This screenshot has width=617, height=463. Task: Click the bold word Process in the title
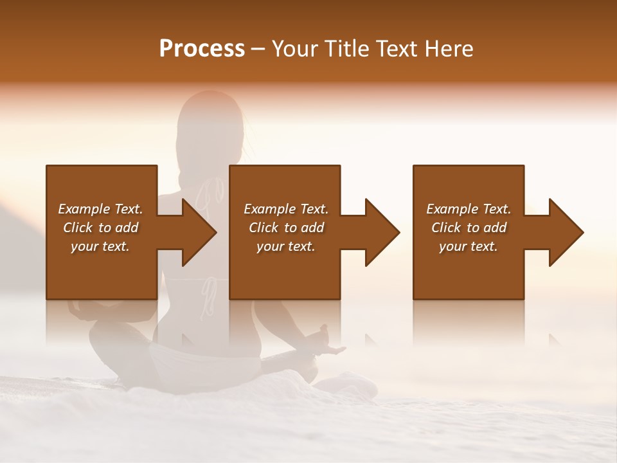(x=202, y=49)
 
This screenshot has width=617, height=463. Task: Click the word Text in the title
(x=398, y=49)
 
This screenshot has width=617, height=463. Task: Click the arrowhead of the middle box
(x=382, y=232)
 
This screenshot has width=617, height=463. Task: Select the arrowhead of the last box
(x=566, y=232)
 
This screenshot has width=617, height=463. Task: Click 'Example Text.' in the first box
(x=100, y=209)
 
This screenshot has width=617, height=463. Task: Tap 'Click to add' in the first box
(x=100, y=228)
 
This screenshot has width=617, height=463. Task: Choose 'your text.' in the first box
(x=100, y=246)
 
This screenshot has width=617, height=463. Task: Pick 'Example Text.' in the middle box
(x=286, y=209)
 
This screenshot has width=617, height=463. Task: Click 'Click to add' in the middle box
(x=286, y=228)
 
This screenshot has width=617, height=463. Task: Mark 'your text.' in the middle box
(x=286, y=246)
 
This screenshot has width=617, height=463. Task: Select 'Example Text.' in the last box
(x=469, y=209)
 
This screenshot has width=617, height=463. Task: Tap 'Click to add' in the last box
(x=469, y=228)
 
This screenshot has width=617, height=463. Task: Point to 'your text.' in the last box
(x=469, y=246)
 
